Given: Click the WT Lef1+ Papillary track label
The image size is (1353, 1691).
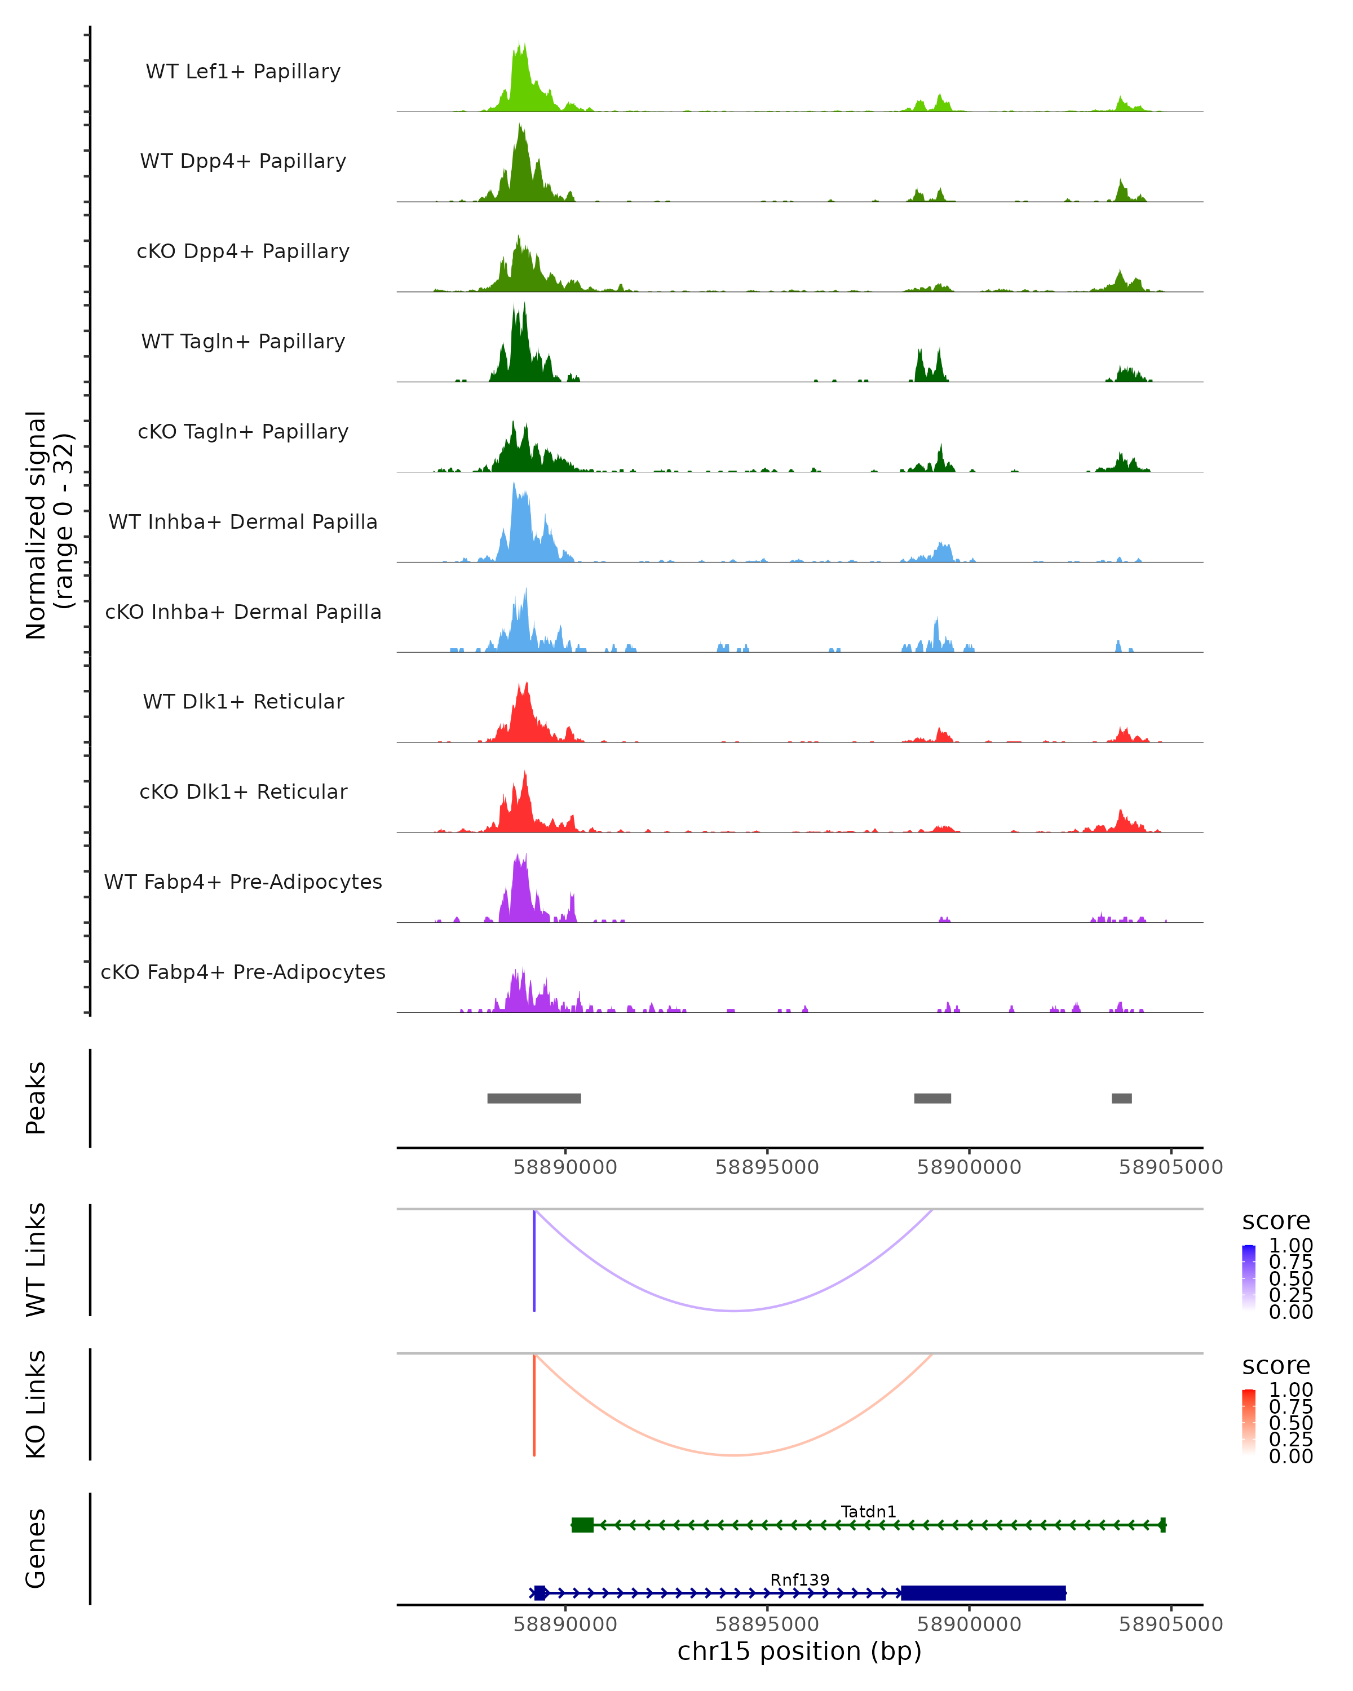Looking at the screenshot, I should click(243, 72).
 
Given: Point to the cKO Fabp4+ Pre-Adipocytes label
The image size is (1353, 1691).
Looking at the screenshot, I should click(243, 972).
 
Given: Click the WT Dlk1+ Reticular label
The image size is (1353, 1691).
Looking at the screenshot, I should click(243, 701).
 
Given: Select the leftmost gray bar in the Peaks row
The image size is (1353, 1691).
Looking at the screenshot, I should click(533, 1098).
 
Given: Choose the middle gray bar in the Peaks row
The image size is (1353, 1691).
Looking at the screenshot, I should click(932, 1098).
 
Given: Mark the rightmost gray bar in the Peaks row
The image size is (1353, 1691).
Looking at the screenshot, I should click(1122, 1098).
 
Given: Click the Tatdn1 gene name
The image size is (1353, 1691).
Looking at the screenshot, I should click(868, 1511).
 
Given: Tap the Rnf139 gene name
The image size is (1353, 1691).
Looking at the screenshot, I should click(799, 1579).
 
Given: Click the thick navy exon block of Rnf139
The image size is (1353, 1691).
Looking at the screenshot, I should click(983, 1593).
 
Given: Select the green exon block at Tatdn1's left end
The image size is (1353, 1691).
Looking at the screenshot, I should click(582, 1525).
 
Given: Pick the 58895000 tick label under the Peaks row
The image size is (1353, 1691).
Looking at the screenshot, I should click(767, 1167).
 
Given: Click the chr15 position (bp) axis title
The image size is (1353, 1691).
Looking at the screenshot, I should click(799, 1651).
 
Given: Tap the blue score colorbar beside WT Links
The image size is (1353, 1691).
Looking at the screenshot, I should click(1249, 1276).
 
